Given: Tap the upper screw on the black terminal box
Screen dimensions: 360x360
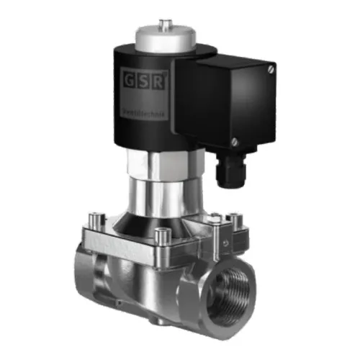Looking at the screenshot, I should [x=270, y=69].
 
